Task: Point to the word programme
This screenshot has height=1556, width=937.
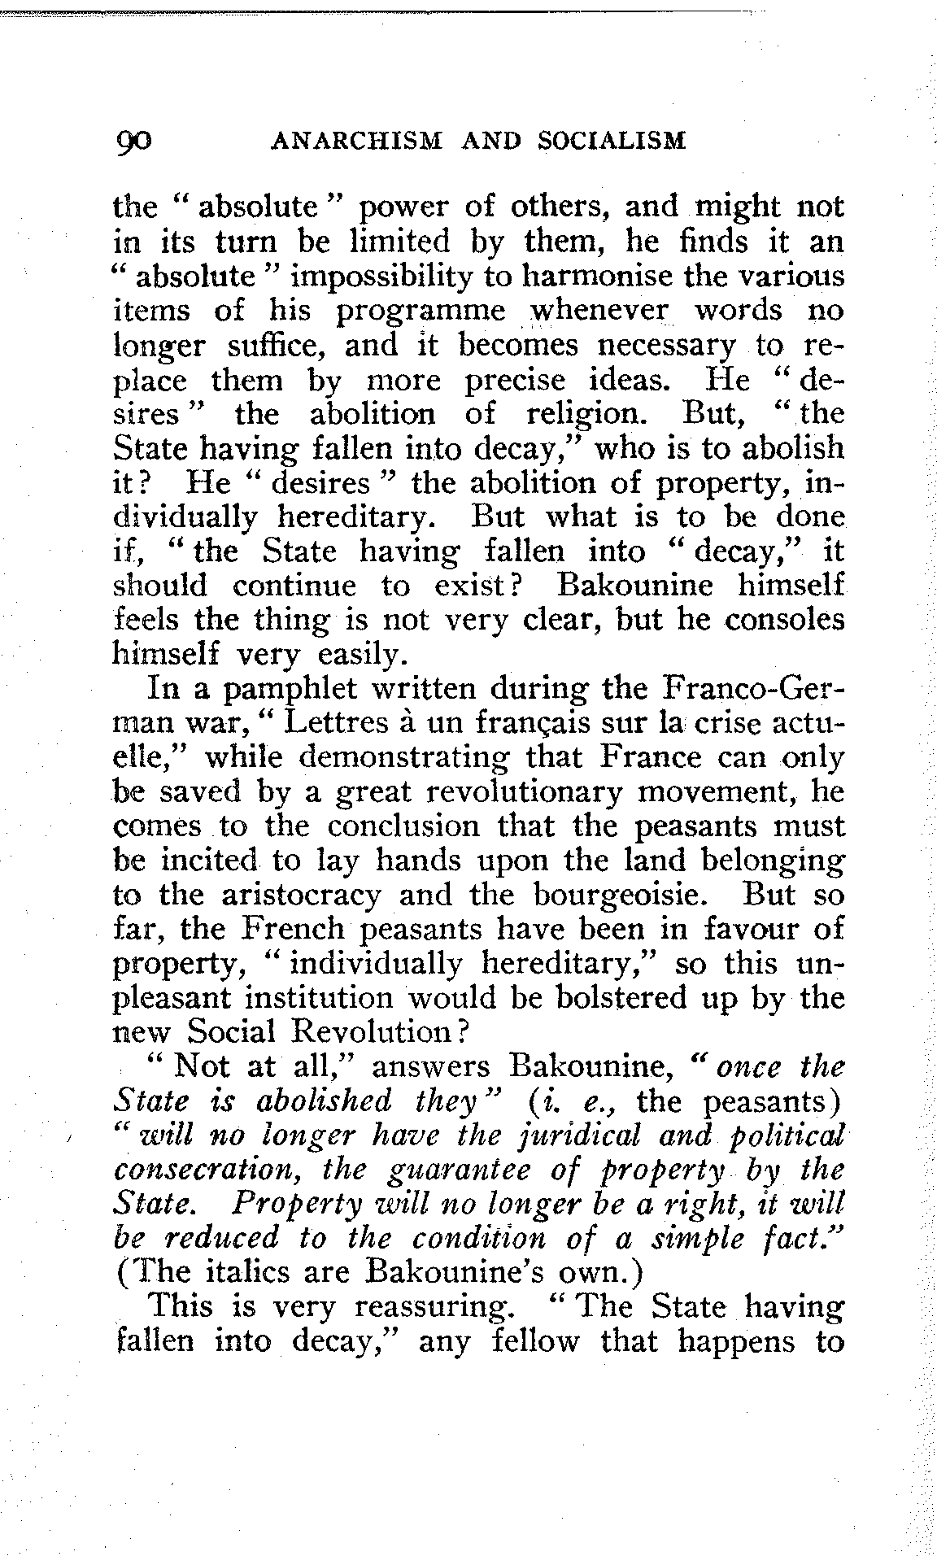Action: click(422, 312)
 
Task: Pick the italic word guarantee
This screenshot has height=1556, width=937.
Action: click(449, 1170)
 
